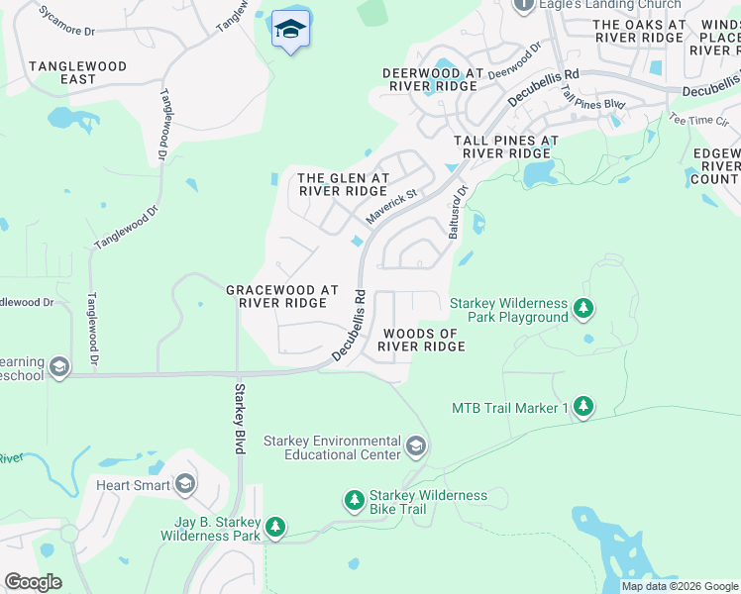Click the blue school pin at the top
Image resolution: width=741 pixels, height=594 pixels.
(x=290, y=30)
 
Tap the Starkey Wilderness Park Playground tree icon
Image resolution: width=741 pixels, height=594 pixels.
(x=584, y=309)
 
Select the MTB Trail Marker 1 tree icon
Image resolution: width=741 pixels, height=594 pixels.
(x=584, y=407)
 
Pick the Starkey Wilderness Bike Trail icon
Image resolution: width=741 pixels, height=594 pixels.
(x=355, y=502)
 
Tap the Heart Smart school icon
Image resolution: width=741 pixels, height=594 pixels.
(x=184, y=484)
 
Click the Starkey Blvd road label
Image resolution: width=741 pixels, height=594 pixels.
(x=239, y=418)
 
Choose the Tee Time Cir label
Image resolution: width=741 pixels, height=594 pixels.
(x=691, y=119)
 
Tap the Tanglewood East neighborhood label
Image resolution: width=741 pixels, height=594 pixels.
(x=77, y=72)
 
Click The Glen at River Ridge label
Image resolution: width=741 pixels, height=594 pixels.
(x=342, y=183)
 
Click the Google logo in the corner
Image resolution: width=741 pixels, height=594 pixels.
(x=33, y=582)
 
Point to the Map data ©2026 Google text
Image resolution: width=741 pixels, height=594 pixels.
(x=679, y=586)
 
